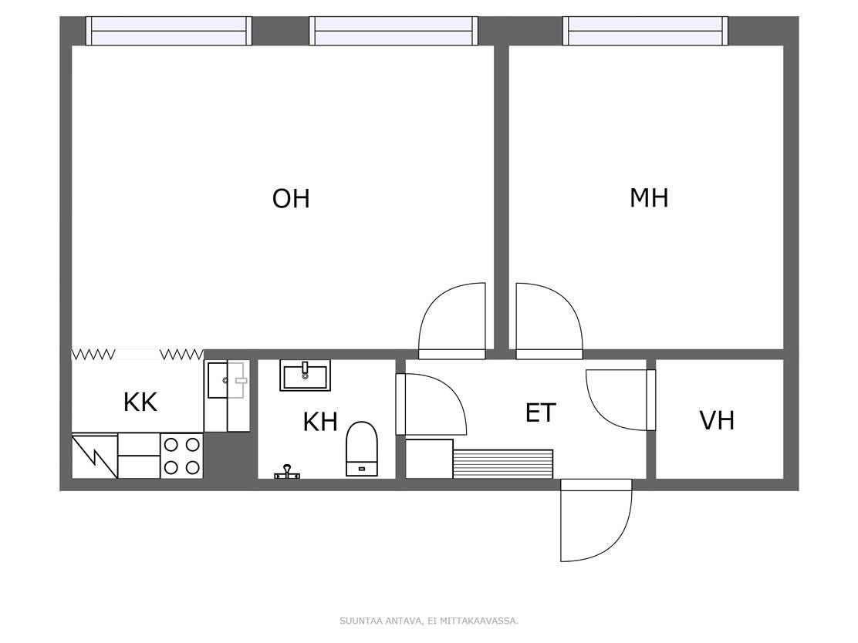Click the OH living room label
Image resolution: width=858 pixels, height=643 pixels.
pos(291,198)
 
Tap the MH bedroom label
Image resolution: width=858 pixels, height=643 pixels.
pos(649,197)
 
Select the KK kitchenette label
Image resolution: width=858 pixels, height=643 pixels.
pos(140,402)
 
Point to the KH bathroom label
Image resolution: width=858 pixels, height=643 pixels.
pos(320,422)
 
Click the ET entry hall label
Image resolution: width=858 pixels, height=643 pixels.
pos(541,412)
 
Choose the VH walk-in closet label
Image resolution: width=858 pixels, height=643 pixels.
pos(717,420)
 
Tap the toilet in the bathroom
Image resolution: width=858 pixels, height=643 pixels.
pos(362,449)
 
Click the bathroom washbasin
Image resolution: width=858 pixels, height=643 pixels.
pos(306,375)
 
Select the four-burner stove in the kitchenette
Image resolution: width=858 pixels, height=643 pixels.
pos(181,456)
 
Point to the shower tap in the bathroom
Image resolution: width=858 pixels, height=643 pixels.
pos(287,473)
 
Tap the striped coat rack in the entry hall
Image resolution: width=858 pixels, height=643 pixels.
pos(503,463)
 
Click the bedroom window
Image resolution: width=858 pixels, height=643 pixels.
pos(646,31)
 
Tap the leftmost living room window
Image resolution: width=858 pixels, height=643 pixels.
pos(169,31)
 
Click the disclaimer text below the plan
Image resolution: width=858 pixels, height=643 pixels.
pos(429,621)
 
